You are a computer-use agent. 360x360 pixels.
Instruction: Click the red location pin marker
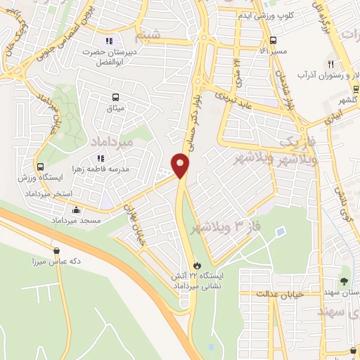click(x=181, y=165)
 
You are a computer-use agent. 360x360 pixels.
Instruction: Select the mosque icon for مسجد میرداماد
click(x=77, y=210)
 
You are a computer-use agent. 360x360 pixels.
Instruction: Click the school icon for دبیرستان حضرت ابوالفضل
click(x=108, y=40)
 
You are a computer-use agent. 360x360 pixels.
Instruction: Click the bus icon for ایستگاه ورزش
click(x=41, y=167)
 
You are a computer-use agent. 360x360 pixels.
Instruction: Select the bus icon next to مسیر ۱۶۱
click(x=273, y=40)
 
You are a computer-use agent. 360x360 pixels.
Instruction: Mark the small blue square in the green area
click(x=281, y=231)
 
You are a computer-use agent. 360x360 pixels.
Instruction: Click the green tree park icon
click(x=344, y=282)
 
